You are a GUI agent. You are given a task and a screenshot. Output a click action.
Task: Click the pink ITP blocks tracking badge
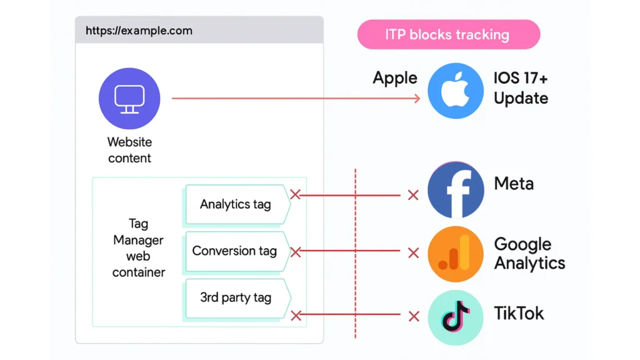448,34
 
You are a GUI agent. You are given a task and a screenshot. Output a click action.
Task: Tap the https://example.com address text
139,31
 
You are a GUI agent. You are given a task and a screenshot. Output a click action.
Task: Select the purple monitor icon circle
129,99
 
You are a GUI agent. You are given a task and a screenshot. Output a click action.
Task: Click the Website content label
129,150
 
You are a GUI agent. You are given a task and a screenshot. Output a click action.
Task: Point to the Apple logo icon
456,91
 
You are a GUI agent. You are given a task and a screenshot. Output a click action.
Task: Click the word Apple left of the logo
395,79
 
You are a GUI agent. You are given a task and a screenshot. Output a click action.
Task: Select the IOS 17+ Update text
521,89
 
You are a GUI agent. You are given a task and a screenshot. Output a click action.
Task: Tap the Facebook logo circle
456,190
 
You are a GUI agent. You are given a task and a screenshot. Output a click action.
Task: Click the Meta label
514,184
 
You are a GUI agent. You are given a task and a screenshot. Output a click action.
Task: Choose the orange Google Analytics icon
456,254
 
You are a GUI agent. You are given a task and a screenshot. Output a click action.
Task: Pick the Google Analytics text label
529,253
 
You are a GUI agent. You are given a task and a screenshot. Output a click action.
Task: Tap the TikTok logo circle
456,317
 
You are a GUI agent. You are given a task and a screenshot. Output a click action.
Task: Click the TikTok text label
519,313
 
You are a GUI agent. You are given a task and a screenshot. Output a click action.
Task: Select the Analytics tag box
236,204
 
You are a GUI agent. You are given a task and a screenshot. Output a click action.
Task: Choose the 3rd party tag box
236,297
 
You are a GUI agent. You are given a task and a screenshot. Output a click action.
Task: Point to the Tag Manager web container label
138,247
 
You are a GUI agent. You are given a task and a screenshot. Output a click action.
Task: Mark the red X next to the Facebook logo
413,196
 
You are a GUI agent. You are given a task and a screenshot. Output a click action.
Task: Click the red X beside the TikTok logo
413,316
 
